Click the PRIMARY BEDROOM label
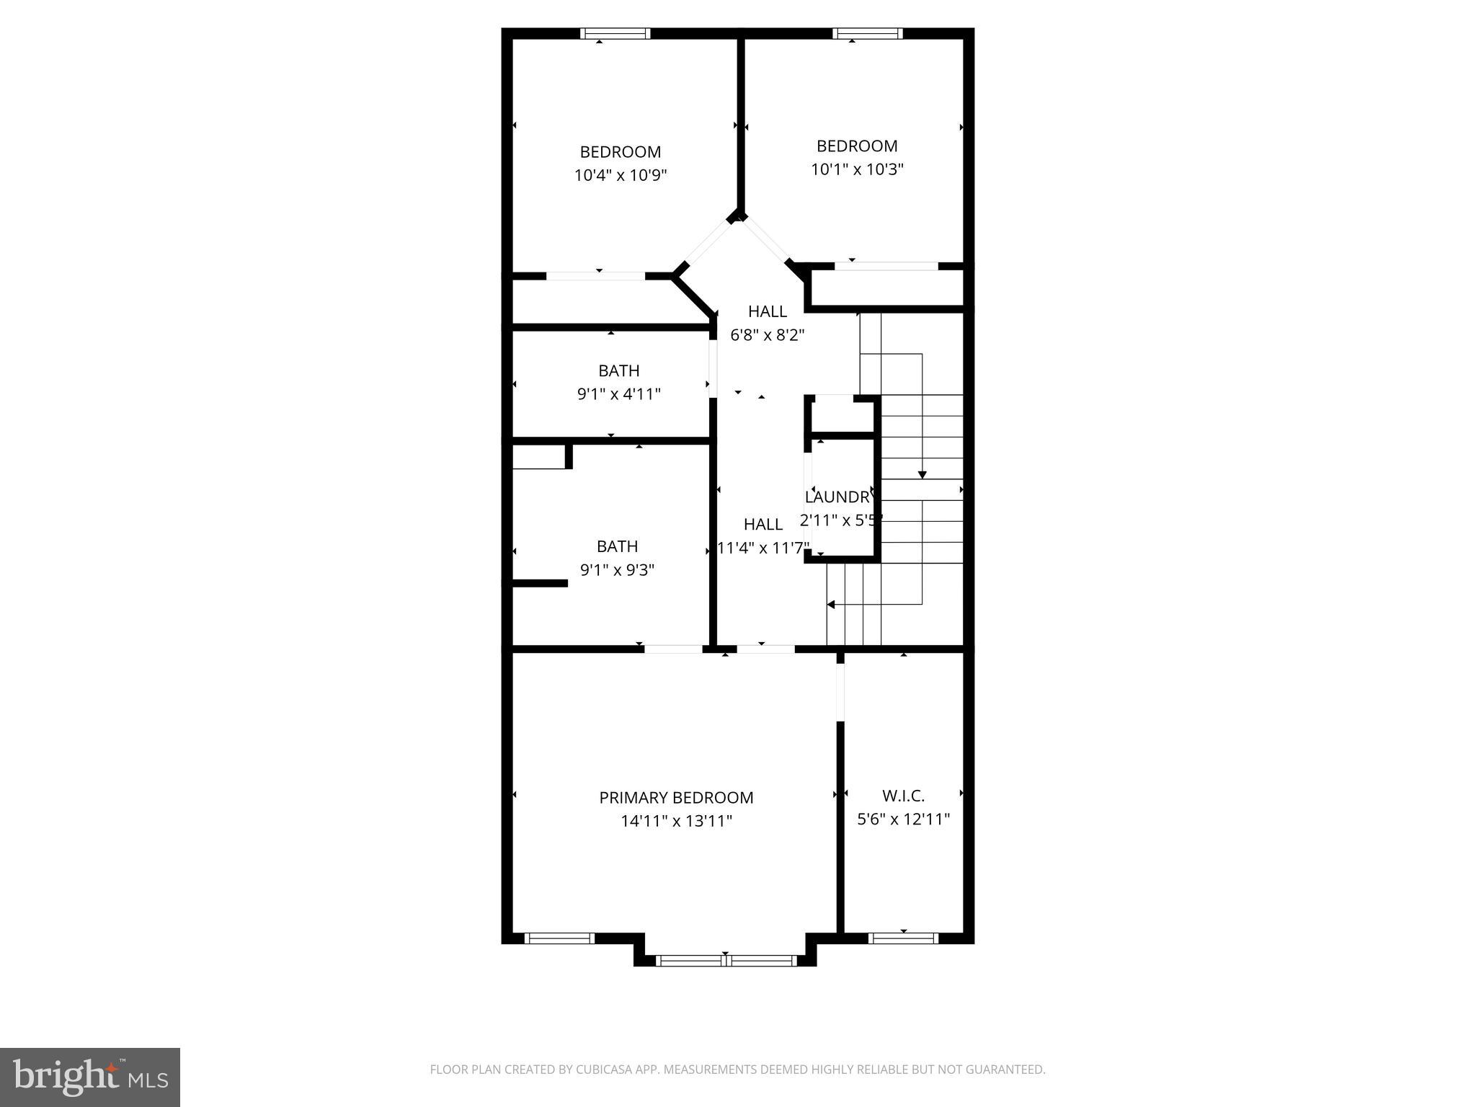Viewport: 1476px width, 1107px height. pos(676,798)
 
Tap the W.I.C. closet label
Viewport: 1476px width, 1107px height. pos(903,796)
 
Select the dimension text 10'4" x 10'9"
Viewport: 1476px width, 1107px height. pos(621,175)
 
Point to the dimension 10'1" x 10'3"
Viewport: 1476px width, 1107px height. pos(857,169)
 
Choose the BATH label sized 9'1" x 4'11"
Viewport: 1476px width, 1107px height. pos(618,370)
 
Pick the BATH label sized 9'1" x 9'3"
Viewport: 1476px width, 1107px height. pos(617,546)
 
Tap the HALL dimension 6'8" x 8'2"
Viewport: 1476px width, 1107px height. pos(767,335)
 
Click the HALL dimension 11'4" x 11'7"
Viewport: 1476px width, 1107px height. pos(763,548)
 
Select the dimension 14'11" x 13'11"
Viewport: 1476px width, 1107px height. pos(676,821)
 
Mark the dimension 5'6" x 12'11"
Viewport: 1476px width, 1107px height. pos(903,819)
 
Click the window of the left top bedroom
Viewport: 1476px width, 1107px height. pos(615,33)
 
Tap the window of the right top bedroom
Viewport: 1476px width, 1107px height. pos(867,33)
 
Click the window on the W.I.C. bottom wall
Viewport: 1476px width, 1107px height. pos(903,938)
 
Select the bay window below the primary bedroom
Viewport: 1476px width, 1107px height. pos(726,960)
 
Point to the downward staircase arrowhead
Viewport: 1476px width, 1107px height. pos(922,474)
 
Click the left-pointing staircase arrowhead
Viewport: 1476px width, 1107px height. pos(831,605)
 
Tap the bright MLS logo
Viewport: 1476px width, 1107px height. pos(90,1077)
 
